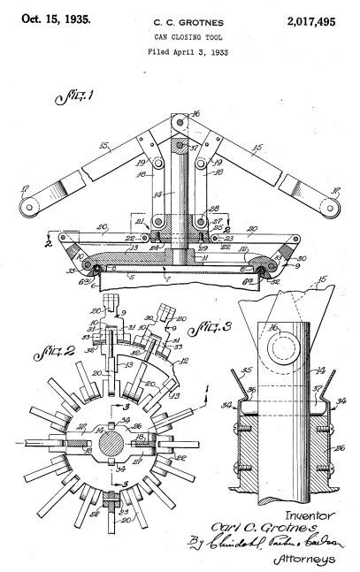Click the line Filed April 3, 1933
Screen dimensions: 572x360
point(180,53)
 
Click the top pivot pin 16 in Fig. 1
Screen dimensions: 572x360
point(180,122)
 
